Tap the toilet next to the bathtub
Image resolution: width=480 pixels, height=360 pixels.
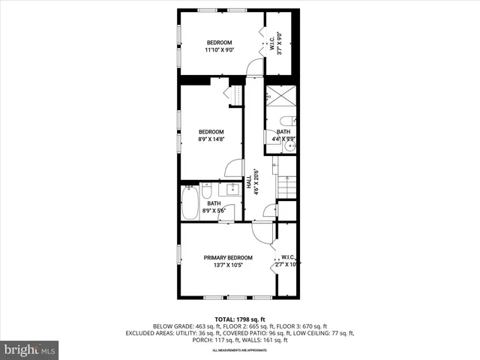[205, 190]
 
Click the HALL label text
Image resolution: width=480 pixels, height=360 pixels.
[249, 182]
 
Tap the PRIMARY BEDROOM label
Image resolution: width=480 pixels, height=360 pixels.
[228, 258]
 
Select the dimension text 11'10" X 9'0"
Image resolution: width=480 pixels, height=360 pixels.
[220, 50]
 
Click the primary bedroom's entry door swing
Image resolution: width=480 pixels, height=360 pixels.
[262, 233]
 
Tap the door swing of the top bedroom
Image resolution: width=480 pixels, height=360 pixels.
[256, 69]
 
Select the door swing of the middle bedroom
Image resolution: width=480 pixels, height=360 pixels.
[234, 168]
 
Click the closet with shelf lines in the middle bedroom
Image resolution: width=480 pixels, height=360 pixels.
[234, 96]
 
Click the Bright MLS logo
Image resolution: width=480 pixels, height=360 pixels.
[30, 349]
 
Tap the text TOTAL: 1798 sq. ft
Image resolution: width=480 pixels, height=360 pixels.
[240, 319]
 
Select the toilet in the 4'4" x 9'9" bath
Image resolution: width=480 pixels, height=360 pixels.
[287, 121]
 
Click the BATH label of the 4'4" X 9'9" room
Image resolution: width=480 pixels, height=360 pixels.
[283, 132]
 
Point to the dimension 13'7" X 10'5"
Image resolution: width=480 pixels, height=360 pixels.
[228, 265]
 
